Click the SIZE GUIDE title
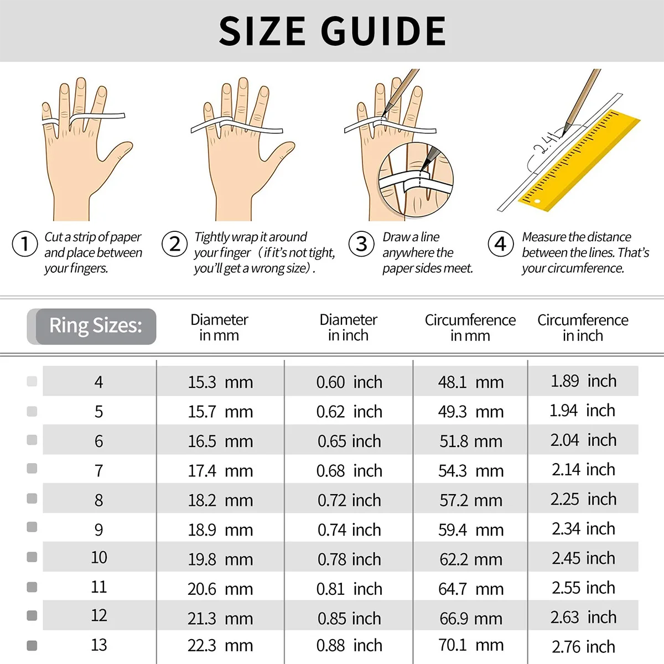coord(332,31)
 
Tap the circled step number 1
coord(24,244)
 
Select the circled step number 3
coord(361,243)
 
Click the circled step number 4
coord(500,243)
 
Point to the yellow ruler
coord(581,160)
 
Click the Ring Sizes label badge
coord(95,326)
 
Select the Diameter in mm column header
coord(219,328)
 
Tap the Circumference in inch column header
coord(583,328)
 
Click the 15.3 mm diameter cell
coord(220,382)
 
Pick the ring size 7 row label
coord(98,471)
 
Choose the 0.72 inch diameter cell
coord(349,500)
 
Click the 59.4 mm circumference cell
coord(471,530)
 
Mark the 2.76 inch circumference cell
coord(583,646)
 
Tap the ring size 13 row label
coord(98,645)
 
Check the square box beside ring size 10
coord(32,557)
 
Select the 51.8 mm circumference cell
coord(471,442)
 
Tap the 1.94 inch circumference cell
coord(582,411)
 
